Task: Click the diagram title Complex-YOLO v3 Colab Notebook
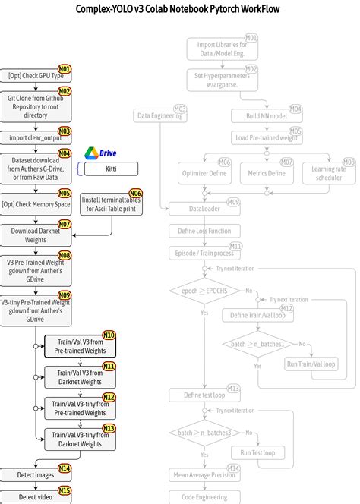tap(179, 9)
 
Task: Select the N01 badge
tap(65, 70)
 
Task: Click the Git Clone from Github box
tap(36, 103)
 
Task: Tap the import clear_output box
tap(36, 137)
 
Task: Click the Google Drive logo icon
tap(90, 153)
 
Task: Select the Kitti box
tap(110, 169)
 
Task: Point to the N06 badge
tap(136, 194)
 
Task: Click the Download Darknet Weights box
tap(36, 235)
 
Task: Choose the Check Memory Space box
tap(36, 204)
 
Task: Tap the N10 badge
tap(109, 335)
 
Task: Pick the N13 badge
tap(109, 428)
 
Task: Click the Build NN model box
tap(267, 116)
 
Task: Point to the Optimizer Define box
tap(204, 173)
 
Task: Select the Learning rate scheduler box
tap(328, 173)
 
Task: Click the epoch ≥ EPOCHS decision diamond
tap(204, 291)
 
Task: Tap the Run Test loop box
tap(257, 453)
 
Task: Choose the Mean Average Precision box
tap(204, 476)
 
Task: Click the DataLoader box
tap(204, 207)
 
